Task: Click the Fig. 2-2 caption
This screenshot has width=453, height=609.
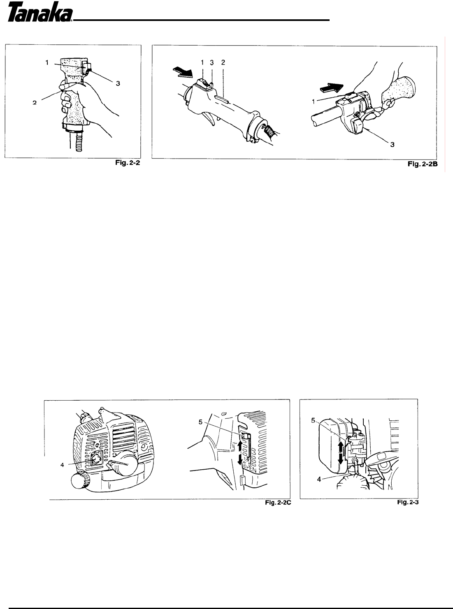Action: click(128, 162)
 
